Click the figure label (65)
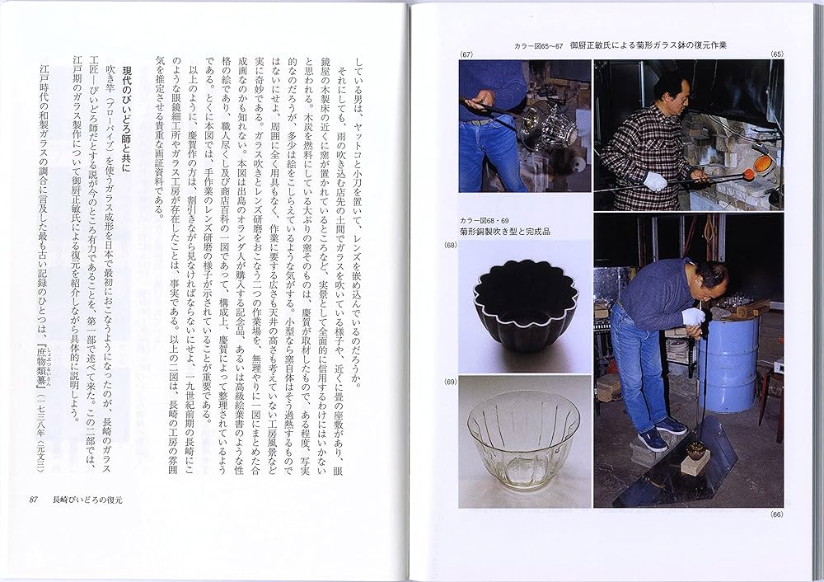776,54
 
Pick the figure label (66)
775,515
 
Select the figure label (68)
450,246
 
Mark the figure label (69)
450,381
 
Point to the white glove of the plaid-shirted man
655,181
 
